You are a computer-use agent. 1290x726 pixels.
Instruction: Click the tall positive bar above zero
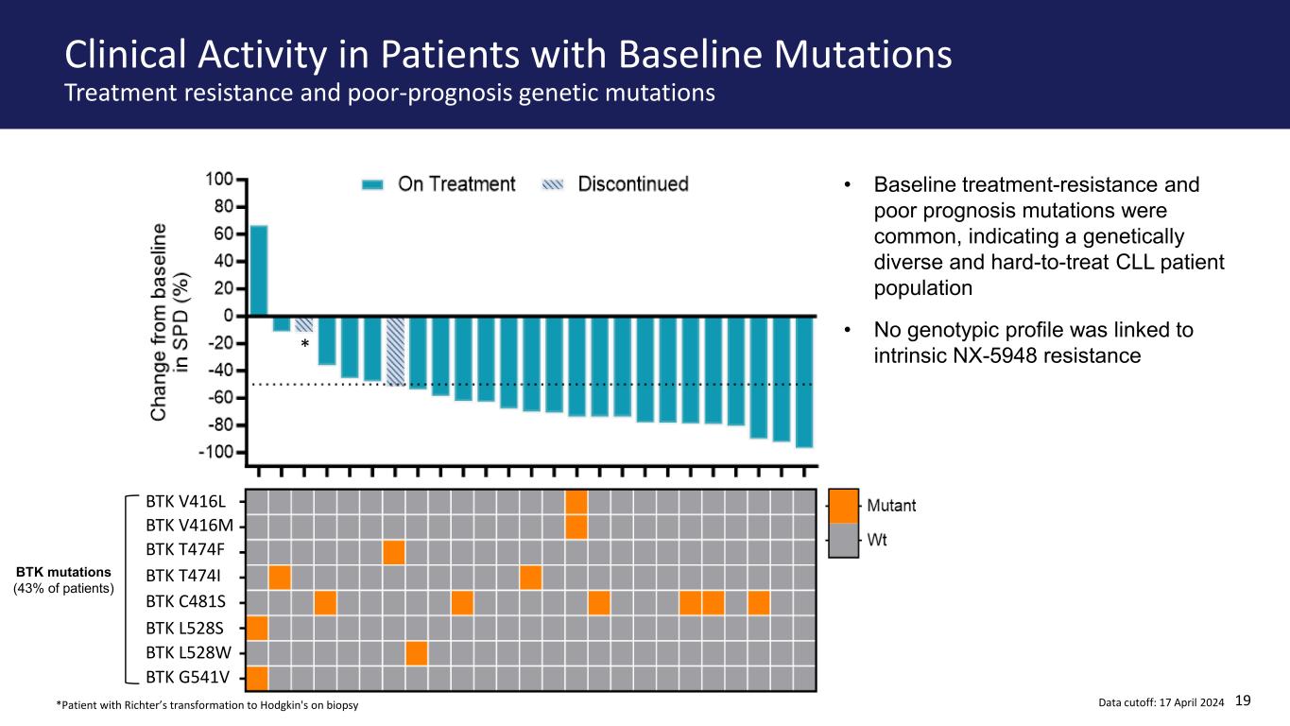(x=259, y=270)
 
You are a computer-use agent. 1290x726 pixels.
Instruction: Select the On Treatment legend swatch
(x=372, y=185)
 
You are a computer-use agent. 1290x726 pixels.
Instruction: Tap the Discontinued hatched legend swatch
(x=553, y=185)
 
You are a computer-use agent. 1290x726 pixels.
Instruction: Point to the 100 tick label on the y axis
(x=219, y=180)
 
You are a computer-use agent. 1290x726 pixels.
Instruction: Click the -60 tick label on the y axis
(x=216, y=398)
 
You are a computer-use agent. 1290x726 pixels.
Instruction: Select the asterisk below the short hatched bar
(x=304, y=344)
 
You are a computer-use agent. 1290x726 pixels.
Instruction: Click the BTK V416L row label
(x=185, y=501)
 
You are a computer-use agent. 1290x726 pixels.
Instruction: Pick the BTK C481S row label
(x=185, y=601)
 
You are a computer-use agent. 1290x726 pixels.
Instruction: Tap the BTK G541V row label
(x=188, y=677)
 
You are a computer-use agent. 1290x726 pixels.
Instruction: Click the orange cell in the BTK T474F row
(x=394, y=553)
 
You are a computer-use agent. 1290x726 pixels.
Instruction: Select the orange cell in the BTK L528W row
(x=417, y=653)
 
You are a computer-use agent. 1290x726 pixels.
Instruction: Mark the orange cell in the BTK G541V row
(x=257, y=678)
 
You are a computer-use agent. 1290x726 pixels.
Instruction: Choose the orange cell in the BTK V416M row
(x=576, y=527)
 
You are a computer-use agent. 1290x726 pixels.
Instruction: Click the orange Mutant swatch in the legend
(x=843, y=506)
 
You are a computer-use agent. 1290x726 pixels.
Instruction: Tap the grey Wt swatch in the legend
(x=843, y=540)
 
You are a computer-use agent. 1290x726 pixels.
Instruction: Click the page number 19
(x=1243, y=700)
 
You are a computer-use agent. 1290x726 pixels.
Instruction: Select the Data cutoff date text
(x=1161, y=702)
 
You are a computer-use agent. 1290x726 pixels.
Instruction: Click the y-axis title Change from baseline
(x=159, y=322)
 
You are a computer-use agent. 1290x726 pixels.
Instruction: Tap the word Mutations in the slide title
(x=863, y=55)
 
